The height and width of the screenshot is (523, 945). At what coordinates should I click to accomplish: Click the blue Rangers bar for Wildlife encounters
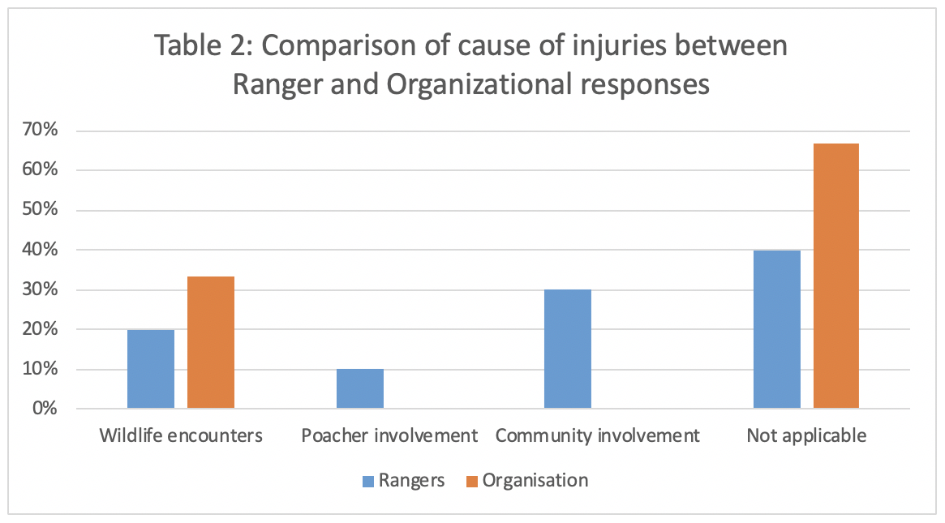pos(151,369)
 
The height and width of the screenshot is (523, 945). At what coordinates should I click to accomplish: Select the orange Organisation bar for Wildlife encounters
pos(211,342)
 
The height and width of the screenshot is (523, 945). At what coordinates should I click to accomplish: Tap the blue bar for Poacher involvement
pos(360,388)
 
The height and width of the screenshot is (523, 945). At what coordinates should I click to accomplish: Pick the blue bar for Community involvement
pos(568,349)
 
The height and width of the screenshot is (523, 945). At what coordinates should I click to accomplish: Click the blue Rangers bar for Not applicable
pos(777,329)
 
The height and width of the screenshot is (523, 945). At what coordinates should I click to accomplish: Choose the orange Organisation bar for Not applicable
pos(836,276)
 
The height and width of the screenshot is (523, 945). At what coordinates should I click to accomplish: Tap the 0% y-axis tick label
pos(45,409)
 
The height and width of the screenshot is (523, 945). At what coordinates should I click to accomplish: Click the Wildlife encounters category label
pos(181,435)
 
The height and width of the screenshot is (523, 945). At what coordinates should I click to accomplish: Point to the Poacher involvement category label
pos(389,435)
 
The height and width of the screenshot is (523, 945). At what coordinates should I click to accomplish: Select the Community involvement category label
pos(597,435)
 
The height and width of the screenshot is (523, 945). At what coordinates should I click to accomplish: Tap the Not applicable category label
pos(806,435)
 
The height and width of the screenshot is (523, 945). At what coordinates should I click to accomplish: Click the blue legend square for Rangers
pos(368,482)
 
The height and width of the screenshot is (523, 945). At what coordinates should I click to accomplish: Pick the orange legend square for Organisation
pos(472,482)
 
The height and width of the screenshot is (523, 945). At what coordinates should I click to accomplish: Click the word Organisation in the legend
pos(535,480)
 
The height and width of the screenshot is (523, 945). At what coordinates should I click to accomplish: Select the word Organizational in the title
pos(479,85)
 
